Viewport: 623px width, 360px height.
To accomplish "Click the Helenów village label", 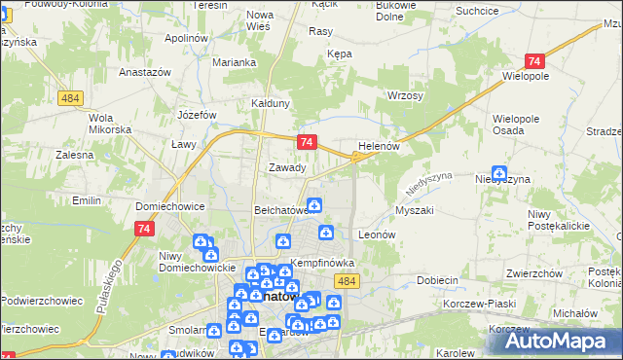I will tap(380, 146).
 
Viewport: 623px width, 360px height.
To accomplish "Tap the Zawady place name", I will tap(287, 167).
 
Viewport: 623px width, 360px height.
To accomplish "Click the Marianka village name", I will tap(235, 62).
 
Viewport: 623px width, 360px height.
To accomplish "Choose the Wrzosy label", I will tap(405, 95).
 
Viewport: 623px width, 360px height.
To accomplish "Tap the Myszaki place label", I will tap(414, 210).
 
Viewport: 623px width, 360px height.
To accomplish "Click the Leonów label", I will tap(376, 234).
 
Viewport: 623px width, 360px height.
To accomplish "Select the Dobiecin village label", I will tap(437, 280).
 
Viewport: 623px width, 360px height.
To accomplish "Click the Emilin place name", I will tap(88, 200).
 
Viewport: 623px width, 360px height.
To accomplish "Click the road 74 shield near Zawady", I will tap(308, 142).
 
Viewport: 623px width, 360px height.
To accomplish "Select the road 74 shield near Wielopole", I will tap(533, 60).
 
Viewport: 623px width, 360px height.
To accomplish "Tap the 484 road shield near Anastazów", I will tap(68, 99).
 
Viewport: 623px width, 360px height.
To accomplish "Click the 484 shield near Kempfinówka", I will tap(347, 280).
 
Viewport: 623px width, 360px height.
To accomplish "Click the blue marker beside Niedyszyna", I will tap(499, 171).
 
